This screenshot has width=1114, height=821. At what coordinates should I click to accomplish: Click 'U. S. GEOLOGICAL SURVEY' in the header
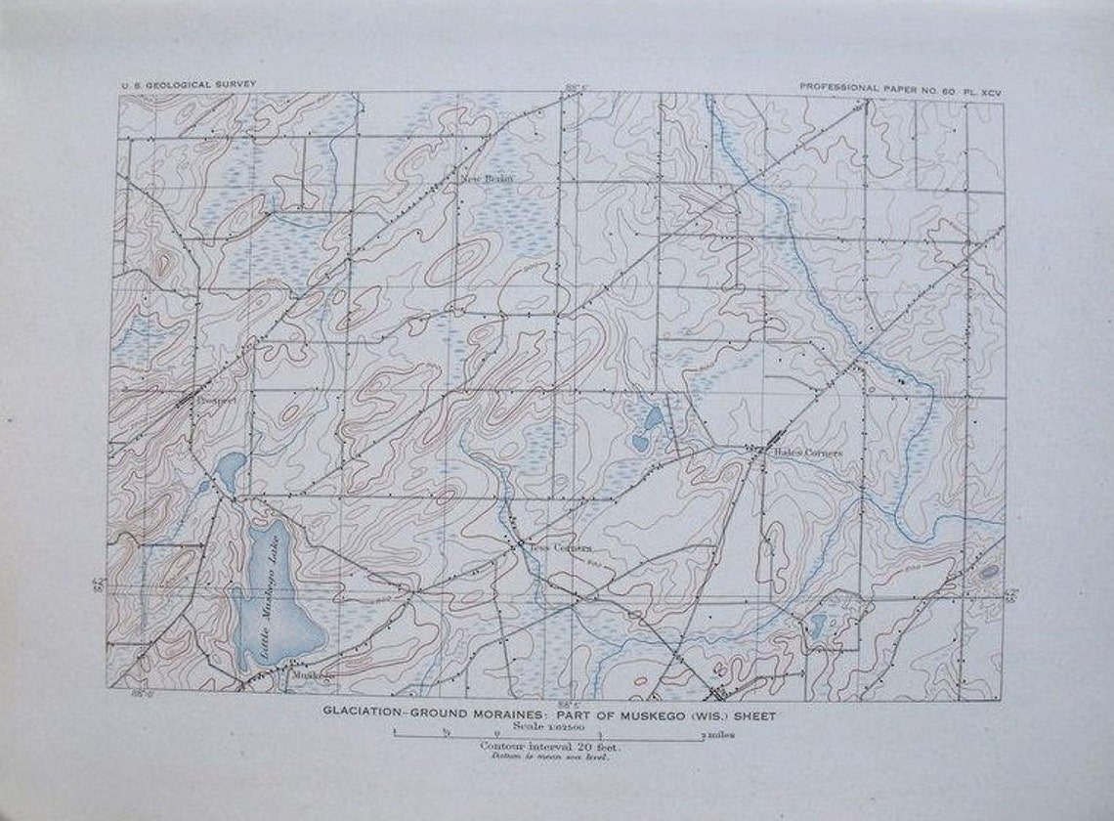(x=188, y=85)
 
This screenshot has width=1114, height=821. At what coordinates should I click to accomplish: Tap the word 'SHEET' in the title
(x=753, y=714)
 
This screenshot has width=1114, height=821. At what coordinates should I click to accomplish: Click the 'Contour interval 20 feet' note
(x=551, y=747)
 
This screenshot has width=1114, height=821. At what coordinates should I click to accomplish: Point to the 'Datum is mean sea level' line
(x=550, y=756)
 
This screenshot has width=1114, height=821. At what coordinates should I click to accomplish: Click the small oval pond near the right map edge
(x=989, y=571)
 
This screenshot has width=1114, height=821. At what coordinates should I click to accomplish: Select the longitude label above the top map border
(x=578, y=87)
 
